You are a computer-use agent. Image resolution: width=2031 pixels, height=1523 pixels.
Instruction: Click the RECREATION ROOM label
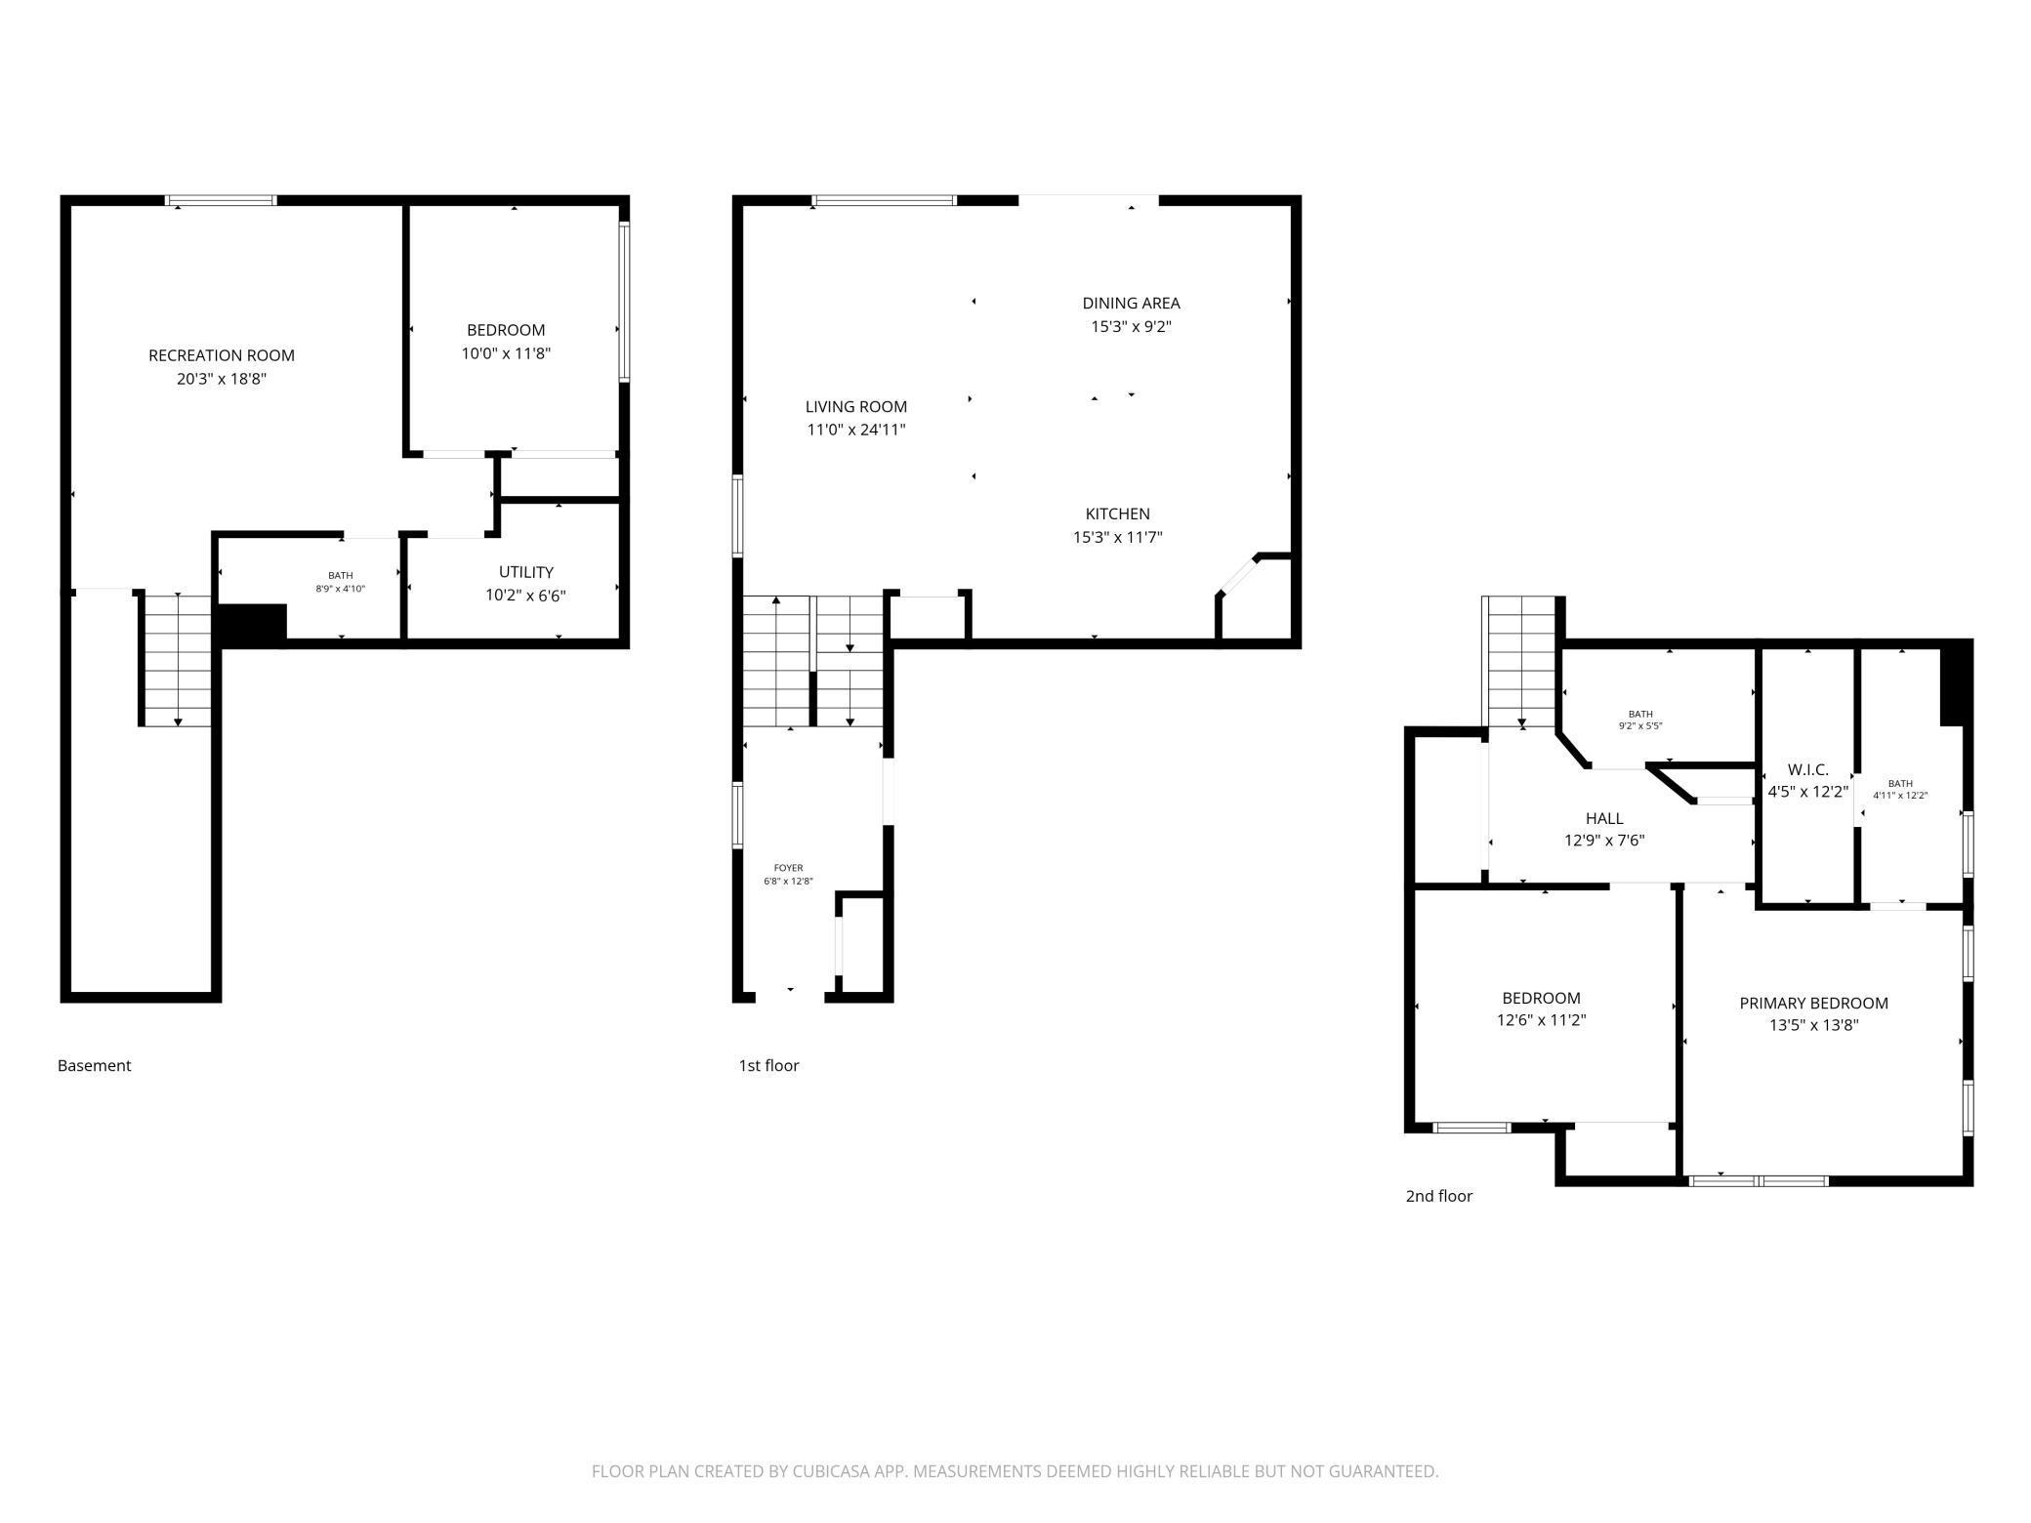(222, 355)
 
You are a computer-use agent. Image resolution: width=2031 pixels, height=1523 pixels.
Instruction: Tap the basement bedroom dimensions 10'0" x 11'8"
(506, 353)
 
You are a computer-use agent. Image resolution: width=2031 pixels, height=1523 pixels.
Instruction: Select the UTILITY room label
(526, 572)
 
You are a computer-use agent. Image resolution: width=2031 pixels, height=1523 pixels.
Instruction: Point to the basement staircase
(178, 660)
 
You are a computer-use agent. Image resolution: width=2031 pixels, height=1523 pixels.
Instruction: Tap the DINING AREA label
(1131, 303)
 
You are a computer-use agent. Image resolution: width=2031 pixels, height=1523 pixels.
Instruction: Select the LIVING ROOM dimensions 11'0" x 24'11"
(855, 430)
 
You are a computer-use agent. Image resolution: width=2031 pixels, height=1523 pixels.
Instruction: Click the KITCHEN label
(1117, 514)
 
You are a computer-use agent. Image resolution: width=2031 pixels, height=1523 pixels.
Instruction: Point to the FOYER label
(788, 868)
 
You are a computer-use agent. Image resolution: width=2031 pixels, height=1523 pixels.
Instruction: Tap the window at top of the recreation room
(222, 201)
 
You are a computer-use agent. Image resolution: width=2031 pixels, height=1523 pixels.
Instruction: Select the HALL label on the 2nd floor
(1604, 818)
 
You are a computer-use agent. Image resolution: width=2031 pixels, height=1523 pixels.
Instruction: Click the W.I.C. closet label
(1807, 770)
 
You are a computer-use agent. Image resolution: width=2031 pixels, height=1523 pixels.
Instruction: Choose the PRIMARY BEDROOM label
(1813, 1003)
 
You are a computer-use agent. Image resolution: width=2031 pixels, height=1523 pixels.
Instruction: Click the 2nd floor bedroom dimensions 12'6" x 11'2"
(1541, 1020)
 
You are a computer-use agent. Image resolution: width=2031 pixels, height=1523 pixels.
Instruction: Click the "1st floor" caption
(768, 1065)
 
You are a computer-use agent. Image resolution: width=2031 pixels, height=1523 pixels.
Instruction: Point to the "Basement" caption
(94, 1065)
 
